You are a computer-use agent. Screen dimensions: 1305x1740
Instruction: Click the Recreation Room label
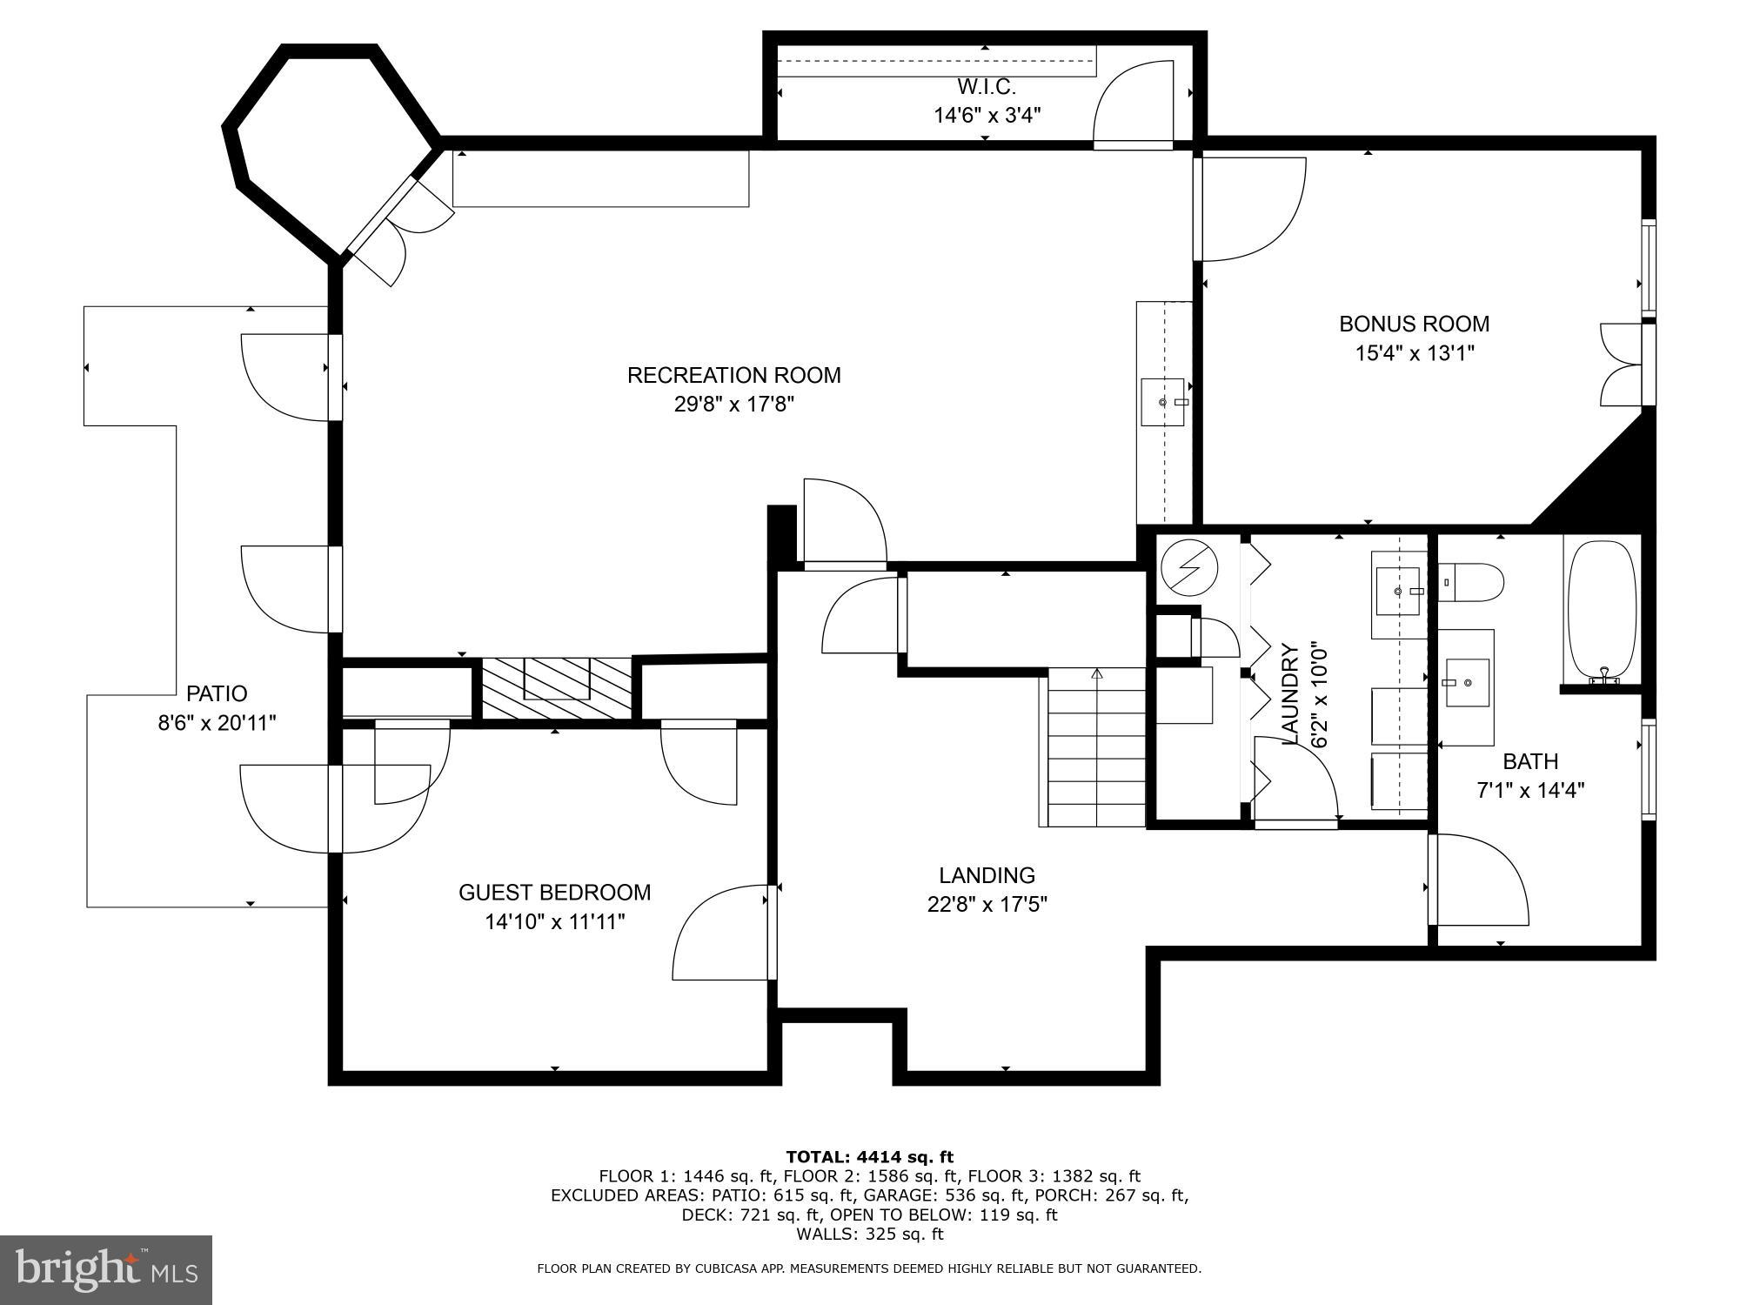coord(733,375)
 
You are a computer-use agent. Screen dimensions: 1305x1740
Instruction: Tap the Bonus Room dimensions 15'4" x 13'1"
coord(1414,353)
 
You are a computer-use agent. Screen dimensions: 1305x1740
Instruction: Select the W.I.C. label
coord(987,87)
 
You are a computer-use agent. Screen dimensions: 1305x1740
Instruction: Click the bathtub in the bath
coord(1602,609)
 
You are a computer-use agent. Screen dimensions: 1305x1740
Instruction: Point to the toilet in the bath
coord(1472,582)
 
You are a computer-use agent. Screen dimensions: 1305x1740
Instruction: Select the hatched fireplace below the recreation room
coord(557,687)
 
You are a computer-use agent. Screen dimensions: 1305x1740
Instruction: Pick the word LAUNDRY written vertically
coord(1290,693)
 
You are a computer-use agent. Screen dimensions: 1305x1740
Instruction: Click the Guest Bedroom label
coord(554,893)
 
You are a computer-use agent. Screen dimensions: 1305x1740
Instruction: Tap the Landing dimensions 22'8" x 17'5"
coord(987,905)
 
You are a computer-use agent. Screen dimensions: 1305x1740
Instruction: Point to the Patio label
coord(217,693)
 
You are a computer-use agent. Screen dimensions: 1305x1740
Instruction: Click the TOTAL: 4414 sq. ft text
coord(869,1157)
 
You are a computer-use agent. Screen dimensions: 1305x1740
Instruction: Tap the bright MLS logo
coord(105,1270)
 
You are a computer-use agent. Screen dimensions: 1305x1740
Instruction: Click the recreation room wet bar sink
coord(1163,402)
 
